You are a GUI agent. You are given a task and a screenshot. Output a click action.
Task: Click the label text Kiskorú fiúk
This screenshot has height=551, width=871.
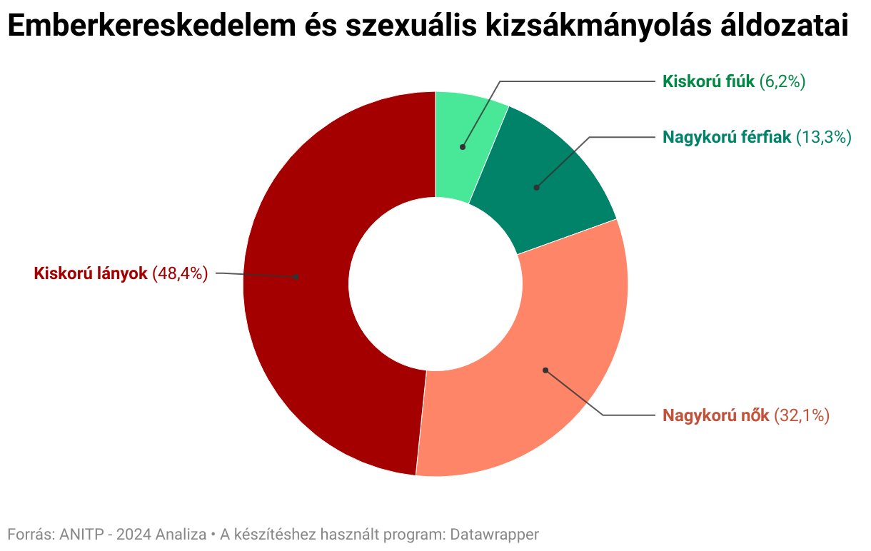[x=708, y=81]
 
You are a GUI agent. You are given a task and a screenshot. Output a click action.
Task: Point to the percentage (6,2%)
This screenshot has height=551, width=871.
[x=782, y=81]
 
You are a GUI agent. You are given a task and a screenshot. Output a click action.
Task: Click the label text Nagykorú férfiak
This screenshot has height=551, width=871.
[x=727, y=137]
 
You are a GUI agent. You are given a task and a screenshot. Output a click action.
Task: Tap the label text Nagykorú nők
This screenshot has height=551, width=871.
[x=715, y=415]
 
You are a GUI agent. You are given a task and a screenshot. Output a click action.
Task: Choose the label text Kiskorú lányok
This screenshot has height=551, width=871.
[x=91, y=273]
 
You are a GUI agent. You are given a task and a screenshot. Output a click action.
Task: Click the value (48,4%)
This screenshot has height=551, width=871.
[x=180, y=273]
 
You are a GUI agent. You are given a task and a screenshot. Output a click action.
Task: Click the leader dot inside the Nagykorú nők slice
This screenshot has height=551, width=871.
[x=545, y=370]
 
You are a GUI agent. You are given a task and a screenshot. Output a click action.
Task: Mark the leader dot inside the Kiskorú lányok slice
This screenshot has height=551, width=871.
[x=296, y=276]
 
